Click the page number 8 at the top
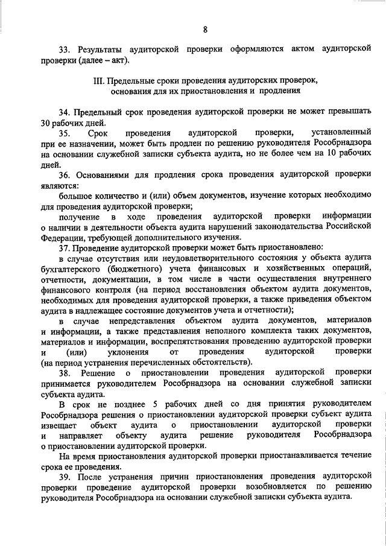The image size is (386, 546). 206,30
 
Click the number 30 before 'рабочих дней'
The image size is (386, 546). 46,122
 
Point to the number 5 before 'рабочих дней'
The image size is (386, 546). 157,404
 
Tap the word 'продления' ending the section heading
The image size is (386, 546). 280,91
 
